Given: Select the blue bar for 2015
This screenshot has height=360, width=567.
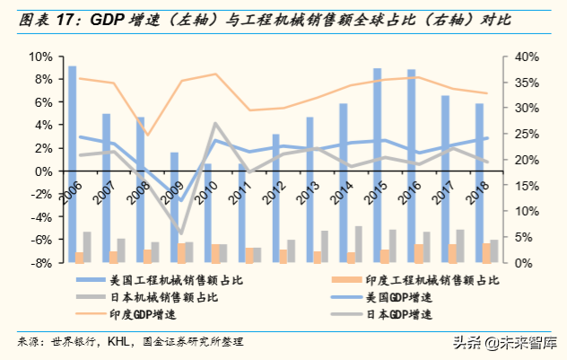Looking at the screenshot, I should click(x=378, y=166).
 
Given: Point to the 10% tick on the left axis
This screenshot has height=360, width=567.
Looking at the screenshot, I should click(x=40, y=57).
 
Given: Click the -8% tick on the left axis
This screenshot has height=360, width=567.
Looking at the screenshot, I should click(x=40, y=263).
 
